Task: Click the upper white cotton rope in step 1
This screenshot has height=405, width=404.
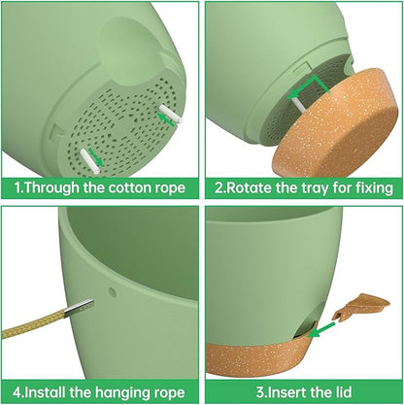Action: tap(171, 114)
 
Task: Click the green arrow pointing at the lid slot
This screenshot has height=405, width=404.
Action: tap(321, 329)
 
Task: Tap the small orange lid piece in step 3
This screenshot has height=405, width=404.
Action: tap(361, 306)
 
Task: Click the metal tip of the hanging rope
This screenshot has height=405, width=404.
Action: tap(79, 307)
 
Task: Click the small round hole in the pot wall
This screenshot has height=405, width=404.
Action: tap(113, 292)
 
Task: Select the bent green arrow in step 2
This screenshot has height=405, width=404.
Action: tap(309, 85)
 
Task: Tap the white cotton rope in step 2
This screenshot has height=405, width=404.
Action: tap(298, 105)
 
